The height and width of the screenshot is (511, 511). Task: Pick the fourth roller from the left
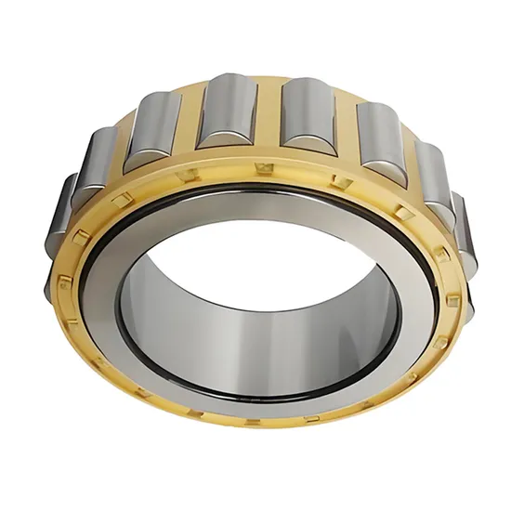point(222,112)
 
